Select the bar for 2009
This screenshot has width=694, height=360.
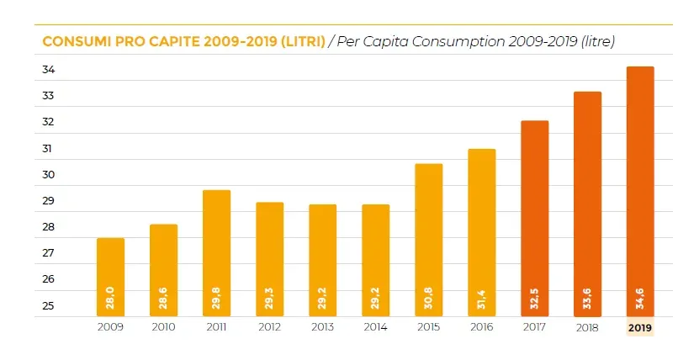click(x=110, y=277)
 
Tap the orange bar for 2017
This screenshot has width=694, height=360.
click(x=534, y=218)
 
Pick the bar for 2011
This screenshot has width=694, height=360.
click(x=216, y=252)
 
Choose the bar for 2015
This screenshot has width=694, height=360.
click(x=428, y=240)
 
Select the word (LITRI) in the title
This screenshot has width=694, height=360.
click(x=302, y=42)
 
